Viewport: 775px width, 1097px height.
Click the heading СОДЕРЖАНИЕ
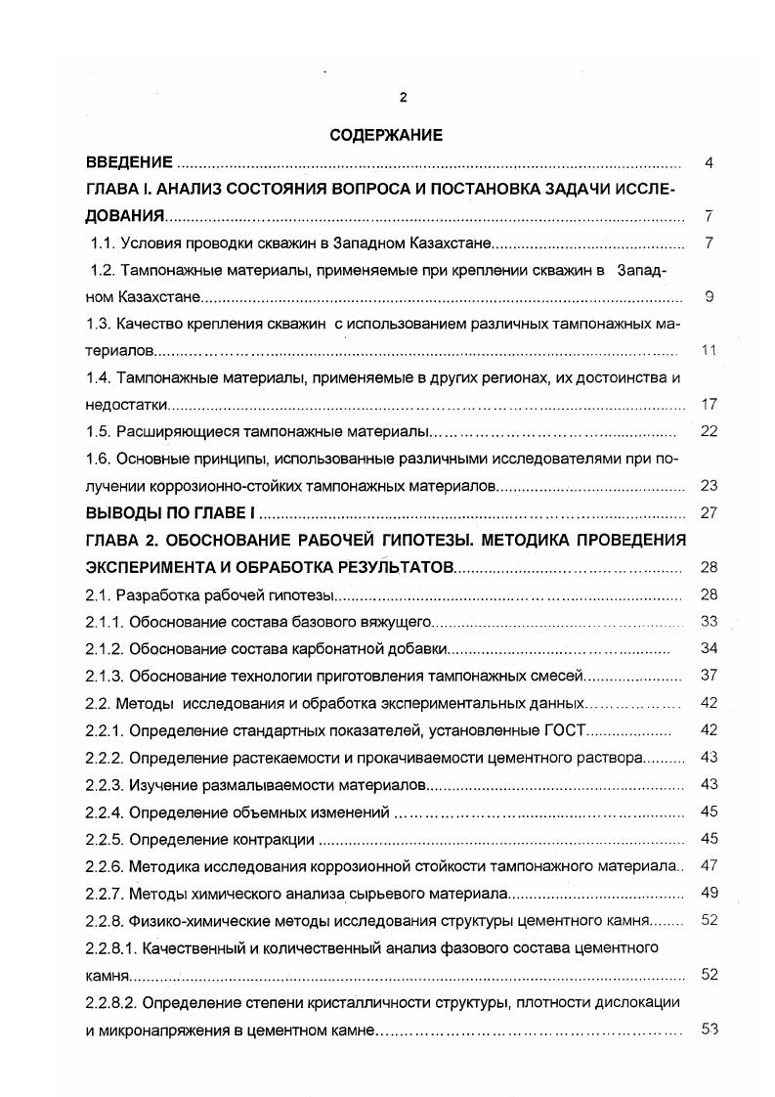pyautogui.click(x=386, y=136)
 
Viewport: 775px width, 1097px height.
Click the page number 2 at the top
pyautogui.click(x=402, y=96)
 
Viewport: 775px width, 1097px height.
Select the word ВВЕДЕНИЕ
pyautogui.click(x=129, y=162)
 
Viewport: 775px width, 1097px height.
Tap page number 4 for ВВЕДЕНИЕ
pyautogui.click(x=709, y=162)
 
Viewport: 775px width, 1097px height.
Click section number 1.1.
pyautogui.click(x=103, y=243)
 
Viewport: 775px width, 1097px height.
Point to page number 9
pyautogui.click(x=709, y=297)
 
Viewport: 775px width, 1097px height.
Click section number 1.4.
pyautogui.click(x=103, y=377)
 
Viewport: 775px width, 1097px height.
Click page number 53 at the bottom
pyautogui.click(x=710, y=1028)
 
